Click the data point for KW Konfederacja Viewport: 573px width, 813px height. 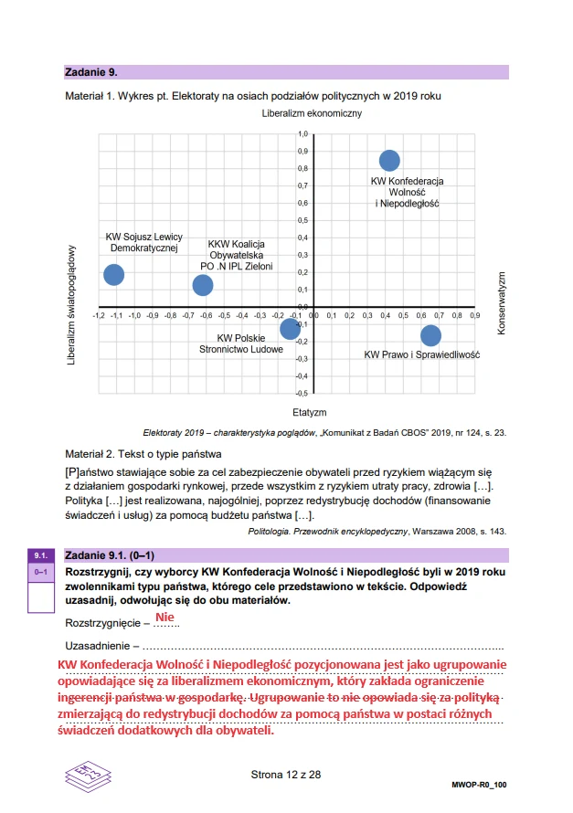(x=389, y=161)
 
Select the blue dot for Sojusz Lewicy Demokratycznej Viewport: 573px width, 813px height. (x=113, y=274)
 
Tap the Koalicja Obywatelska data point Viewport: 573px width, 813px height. (x=203, y=285)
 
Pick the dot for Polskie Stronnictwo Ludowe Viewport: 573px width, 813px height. (x=290, y=329)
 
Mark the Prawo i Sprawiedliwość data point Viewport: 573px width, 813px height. (x=430, y=335)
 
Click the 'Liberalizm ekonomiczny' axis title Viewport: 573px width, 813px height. (x=312, y=113)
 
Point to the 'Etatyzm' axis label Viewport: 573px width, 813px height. (x=310, y=412)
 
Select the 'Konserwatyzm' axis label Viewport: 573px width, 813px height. (x=501, y=302)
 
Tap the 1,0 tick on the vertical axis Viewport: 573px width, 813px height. (x=303, y=134)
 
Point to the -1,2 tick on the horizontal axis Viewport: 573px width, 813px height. (x=99, y=315)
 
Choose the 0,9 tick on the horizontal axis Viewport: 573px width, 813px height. (x=473, y=315)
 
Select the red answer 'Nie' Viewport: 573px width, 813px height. (x=164, y=618)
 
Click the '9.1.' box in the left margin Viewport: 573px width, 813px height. (x=40, y=555)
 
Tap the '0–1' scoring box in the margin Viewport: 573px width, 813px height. (x=40, y=572)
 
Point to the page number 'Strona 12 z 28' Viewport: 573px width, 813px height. (x=286, y=775)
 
